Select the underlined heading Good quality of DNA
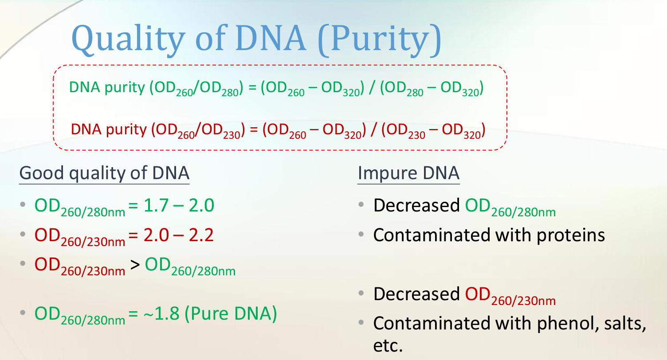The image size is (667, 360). [x=104, y=173]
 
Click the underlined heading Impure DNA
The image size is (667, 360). [x=408, y=173]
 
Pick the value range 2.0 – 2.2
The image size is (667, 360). [x=178, y=235]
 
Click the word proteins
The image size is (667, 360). [x=571, y=235]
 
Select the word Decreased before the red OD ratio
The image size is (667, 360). [x=416, y=294]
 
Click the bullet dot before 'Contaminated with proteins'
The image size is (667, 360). [x=361, y=235]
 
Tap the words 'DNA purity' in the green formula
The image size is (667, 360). [x=107, y=88]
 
